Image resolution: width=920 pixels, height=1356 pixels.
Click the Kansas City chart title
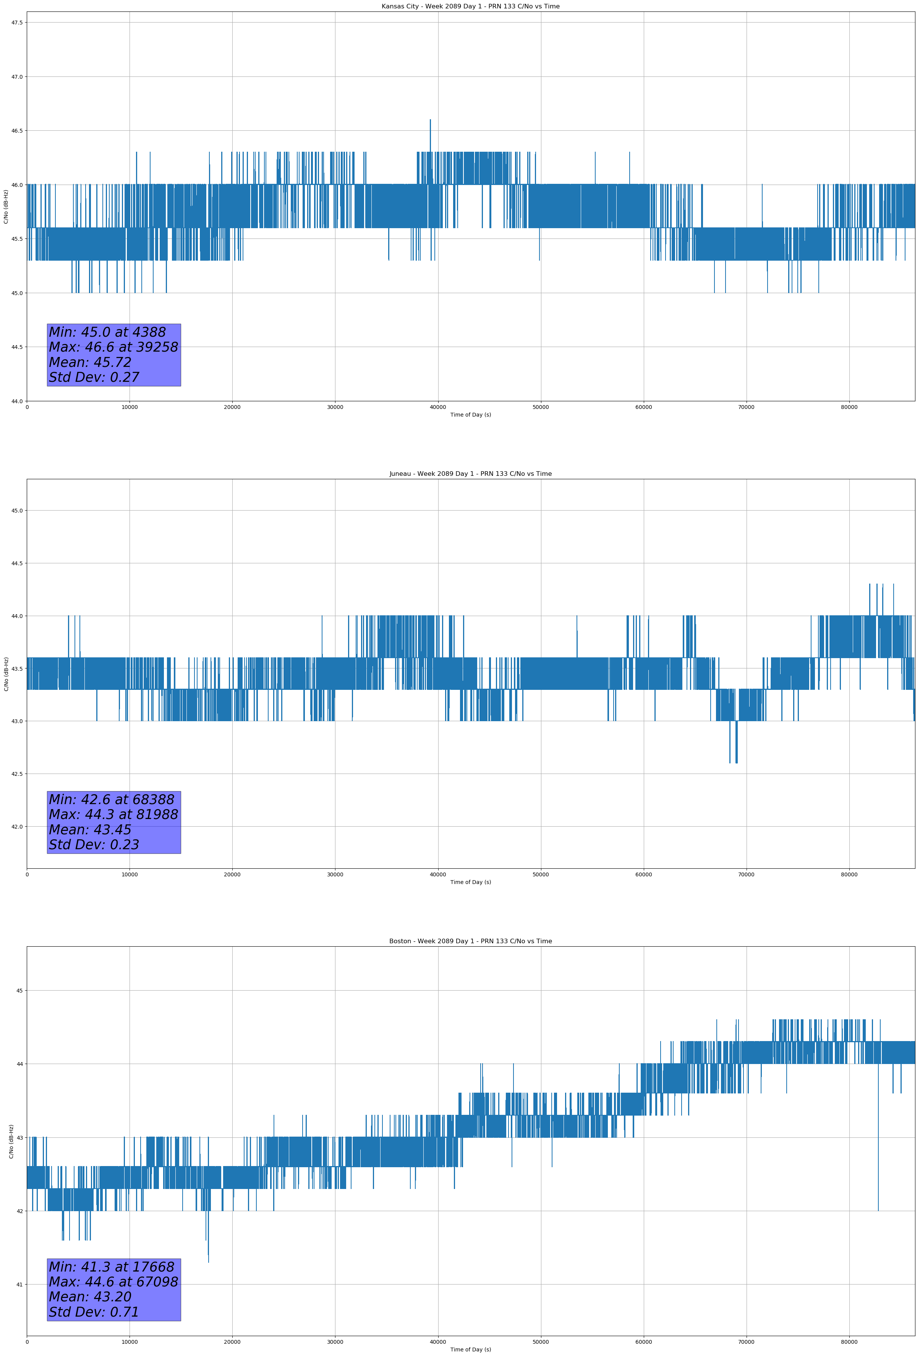tap(470, 6)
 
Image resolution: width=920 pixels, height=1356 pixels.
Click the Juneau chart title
tap(470, 474)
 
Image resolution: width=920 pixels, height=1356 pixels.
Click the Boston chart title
tap(470, 941)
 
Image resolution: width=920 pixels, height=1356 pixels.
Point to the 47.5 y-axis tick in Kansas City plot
tap(17, 23)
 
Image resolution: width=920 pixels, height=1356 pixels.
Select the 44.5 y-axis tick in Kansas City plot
tap(17, 347)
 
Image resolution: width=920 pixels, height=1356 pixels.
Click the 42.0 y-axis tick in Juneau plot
tap(17, 827)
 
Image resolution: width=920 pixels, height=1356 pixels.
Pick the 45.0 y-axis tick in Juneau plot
tap(17, 511)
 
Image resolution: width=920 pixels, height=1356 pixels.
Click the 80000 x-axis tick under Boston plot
tap(849, 1341)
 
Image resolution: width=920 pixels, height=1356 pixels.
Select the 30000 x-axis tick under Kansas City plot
tap(335, 407)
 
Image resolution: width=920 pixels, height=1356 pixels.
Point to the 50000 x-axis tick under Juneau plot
tap(540, 874)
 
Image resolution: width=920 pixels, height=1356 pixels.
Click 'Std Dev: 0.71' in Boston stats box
tap(94, 1312)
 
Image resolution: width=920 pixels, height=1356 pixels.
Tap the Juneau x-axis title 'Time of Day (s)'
tap(470, 882)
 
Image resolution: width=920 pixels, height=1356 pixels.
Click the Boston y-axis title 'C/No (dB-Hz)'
tap(11, 1141)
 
